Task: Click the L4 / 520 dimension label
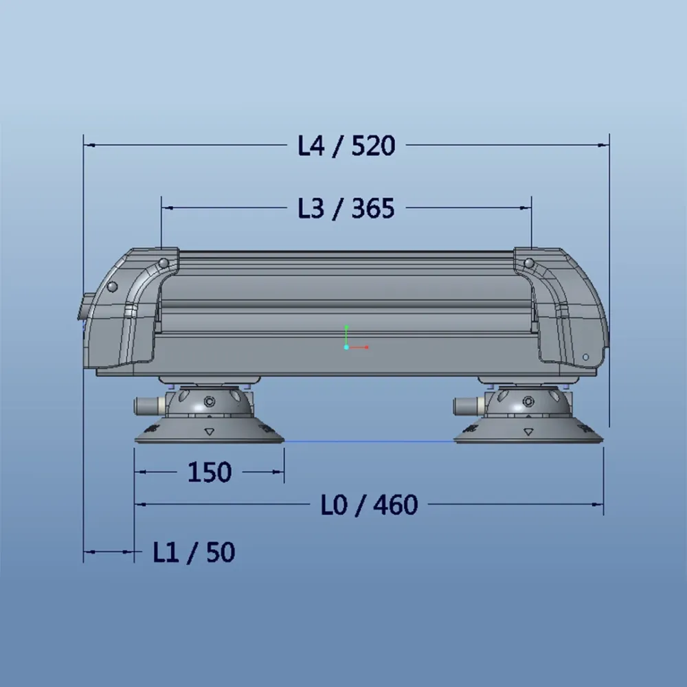346,146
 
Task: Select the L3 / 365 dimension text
346,209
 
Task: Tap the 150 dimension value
210,473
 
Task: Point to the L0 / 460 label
370,505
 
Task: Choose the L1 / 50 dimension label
194,552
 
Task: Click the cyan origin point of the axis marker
346,348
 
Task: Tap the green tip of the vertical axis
346,327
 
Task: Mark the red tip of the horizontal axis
367,348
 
